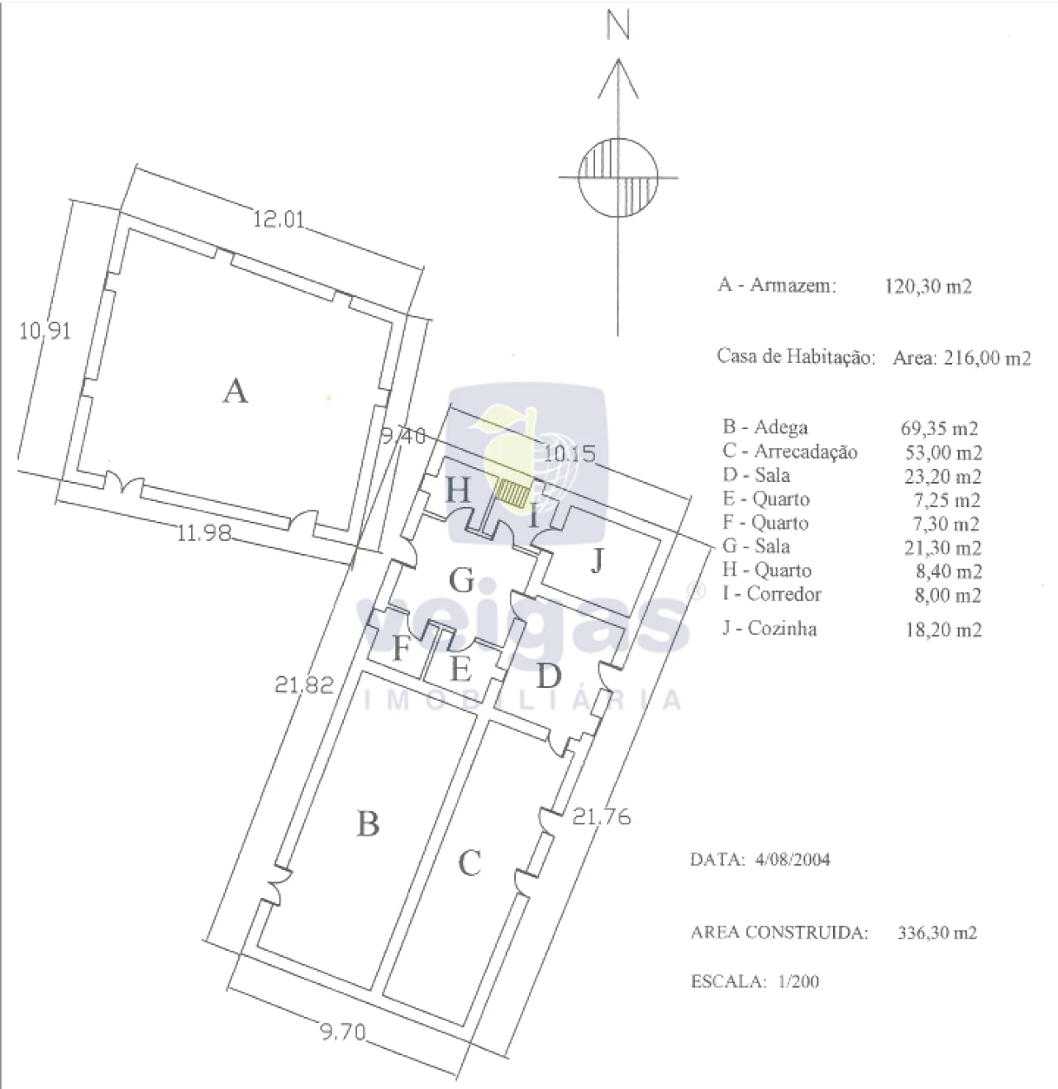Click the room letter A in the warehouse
(x=235, y=390)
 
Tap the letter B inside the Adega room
(x=368, y=824)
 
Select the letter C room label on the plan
(x=469, y=863)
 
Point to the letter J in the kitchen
(x=598, y=561)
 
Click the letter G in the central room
(x=462, y=580)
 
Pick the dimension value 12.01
(x=279, y=219)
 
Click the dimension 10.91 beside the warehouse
(x=45, y=332)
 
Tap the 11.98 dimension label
(x=204, y=533)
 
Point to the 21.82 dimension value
(x=304, y=685)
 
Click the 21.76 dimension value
(x=602, y=817)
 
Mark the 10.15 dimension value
(x=570, y=453)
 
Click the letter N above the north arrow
(x=618, y=26)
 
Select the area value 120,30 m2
(x=928, y=287)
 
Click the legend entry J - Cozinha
(x=770, y=628)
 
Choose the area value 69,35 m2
(x=939, y=428)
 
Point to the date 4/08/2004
(x=792, y=859)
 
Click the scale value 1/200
(x=798, y=981)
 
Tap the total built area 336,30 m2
(x=937, y=933)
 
